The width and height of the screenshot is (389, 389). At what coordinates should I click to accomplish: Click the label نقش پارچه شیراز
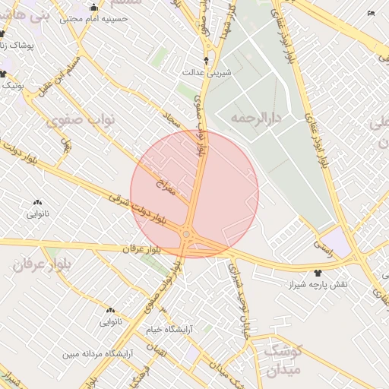(x=318, y=284)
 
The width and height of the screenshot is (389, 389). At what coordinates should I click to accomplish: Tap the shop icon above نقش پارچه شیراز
(x=318, y=272)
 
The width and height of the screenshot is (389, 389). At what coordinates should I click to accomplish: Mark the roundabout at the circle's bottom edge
(x=187, y=234)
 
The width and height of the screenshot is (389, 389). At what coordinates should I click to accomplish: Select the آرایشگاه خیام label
(x=170, y=330)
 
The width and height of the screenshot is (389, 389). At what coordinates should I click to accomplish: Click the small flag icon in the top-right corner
(x=371, y=13)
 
